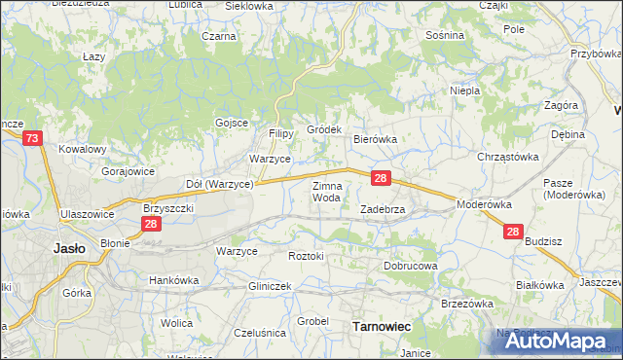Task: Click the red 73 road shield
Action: point(32,140)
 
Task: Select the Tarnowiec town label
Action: point(379,327)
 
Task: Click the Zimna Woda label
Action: point(326,191)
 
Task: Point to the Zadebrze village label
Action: point(383,208)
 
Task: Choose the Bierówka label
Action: point(375,139)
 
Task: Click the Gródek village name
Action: point(324,128)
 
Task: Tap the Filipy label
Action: point(280,132)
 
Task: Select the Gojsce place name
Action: point(231,122)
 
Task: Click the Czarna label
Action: point(220,36)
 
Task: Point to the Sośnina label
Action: point(445,35)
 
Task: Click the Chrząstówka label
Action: point(508,156)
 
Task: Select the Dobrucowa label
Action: point(411,265)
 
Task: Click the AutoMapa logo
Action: point(551,340)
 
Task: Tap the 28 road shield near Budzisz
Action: point(514,232)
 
